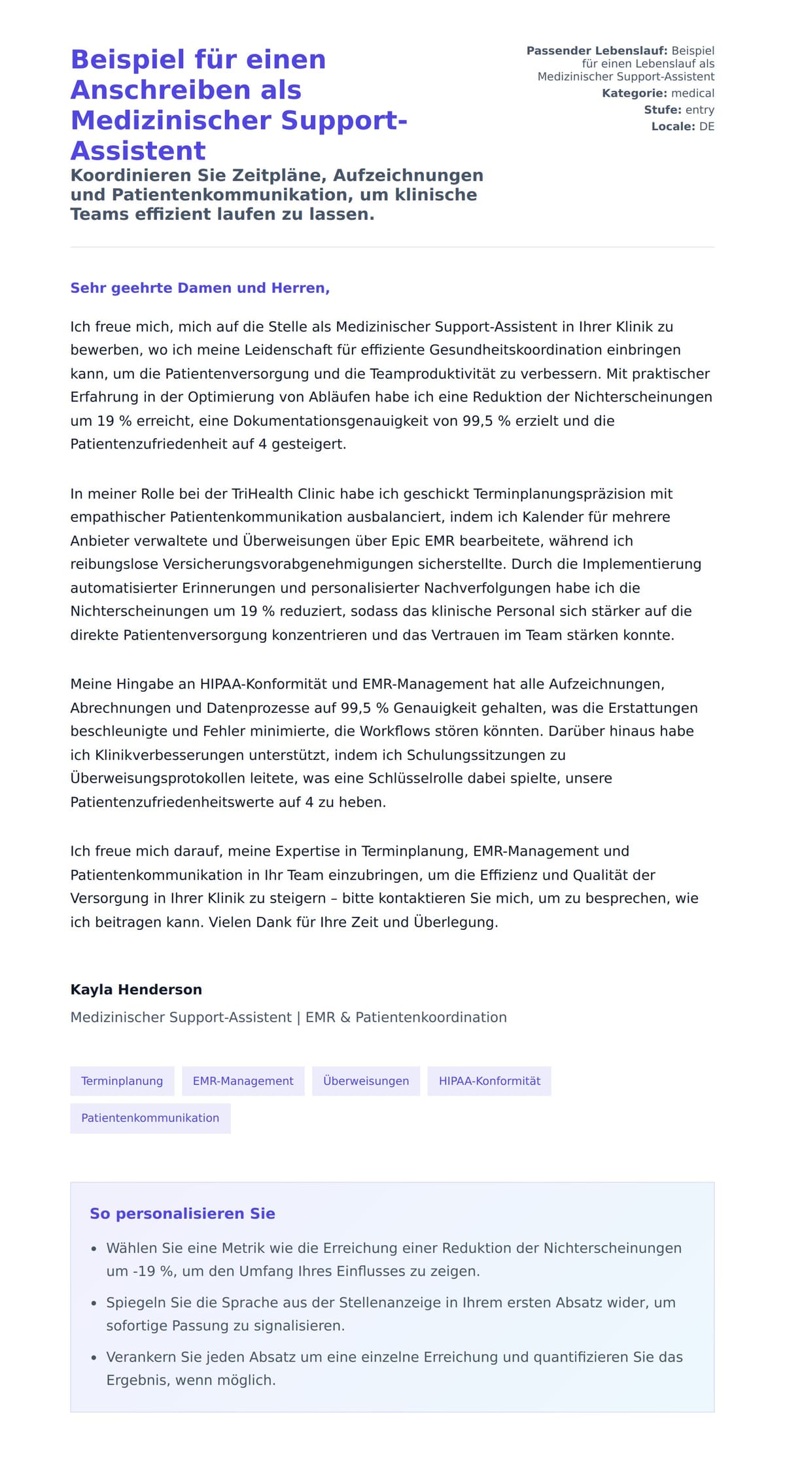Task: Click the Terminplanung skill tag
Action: [x=122, y=1081]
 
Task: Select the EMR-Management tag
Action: [x=243, y=1081]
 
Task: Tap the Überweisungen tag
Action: [x=366, y=1081]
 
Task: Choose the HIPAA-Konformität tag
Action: [x=489, y=1081]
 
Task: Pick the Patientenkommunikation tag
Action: [x=150, y=1118]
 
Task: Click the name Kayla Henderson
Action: [x=136, y=989]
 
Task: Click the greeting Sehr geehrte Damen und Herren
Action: [x=200, y=288]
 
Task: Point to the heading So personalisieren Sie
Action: [x=182, y=1214]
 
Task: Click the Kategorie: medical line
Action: [x=657, y=94]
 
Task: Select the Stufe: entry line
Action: [x=678, y=110]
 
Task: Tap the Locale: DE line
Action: [x=682, y=127]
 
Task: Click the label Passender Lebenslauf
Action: [x=596, y=51]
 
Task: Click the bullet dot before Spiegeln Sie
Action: [x=94, y=1303]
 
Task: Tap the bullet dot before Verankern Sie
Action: [x=94, y=1358]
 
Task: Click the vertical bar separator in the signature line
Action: [x=298, y=1018]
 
